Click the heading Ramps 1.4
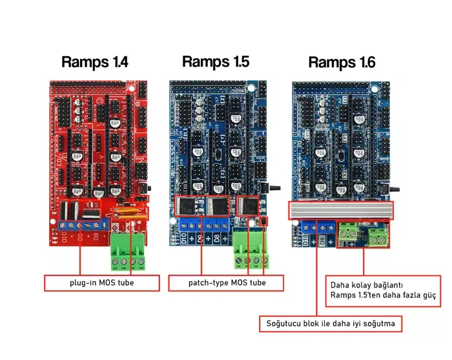[94, 62]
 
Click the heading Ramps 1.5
[215, 61]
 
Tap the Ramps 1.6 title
[342, 62]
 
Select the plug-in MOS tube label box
[101, 283]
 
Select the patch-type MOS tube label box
[227, 283]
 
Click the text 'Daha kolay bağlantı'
[367, 284]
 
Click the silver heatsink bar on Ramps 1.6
[340, 210]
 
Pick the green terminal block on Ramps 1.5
[249, 251]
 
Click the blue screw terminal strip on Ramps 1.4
[81, 224]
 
